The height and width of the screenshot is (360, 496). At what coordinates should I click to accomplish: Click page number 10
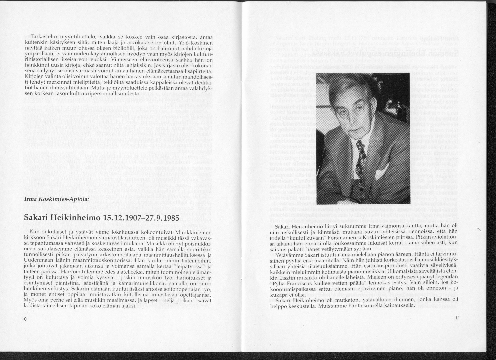(x=24, y=319)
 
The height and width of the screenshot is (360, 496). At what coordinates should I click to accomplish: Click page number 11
(x=457, y=317)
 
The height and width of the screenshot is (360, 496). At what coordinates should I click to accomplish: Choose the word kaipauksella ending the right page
(x=399, y=305)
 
